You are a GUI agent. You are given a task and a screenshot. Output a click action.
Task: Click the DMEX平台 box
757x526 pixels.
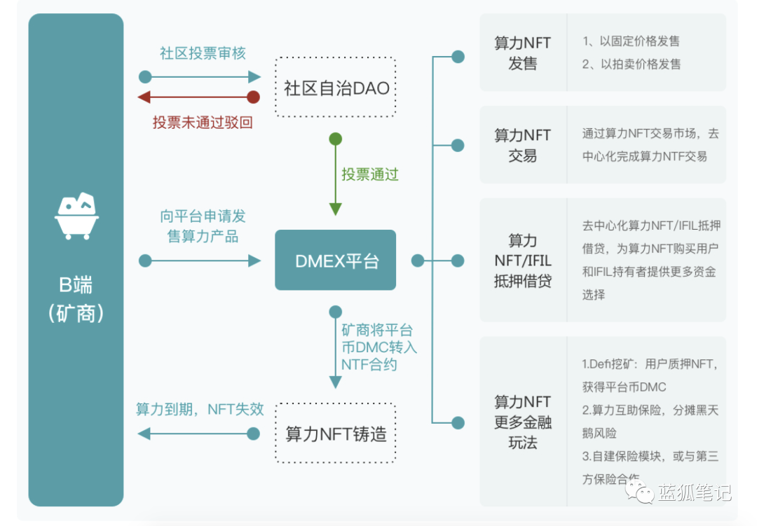coord(335,261)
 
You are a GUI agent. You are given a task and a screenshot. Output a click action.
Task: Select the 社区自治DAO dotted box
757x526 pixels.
coord(335,88)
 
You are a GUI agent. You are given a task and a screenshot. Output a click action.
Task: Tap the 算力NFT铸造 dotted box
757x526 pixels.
coord(335,434)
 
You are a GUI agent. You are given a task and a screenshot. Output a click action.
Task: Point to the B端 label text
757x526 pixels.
coord(76,285)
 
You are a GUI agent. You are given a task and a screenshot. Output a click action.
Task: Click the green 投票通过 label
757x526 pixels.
coord(370,174)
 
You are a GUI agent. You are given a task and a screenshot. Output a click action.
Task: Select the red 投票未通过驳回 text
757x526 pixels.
coord(203,123)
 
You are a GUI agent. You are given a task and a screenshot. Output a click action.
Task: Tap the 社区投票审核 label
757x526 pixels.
coord(203,54)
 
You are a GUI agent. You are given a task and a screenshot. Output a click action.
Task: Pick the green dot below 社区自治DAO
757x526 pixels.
coord(336,139)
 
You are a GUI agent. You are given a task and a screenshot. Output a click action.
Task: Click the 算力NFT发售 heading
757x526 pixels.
coord(522,53)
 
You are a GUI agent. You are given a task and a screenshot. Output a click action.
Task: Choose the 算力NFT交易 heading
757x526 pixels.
coord(522,145)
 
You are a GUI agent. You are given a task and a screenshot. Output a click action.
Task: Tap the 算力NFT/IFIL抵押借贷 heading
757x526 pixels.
coord(522,261)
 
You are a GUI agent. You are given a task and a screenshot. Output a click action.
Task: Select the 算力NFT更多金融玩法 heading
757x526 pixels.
coord(522,422)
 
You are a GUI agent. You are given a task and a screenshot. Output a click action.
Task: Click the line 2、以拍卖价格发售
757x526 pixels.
coord(631,64)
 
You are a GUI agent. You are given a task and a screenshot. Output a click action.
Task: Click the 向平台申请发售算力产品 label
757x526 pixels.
coord(203,226)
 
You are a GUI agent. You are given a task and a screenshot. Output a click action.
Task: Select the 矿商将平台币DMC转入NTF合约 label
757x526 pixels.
coord(378,347)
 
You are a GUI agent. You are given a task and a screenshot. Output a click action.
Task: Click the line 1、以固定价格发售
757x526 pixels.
coord(630,41)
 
